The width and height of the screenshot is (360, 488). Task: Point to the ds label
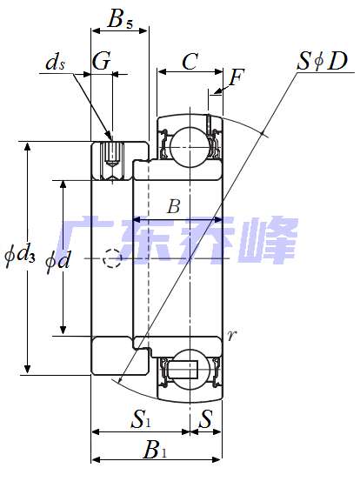(x=55, y=63)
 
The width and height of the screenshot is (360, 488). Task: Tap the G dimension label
(x=101, y=61)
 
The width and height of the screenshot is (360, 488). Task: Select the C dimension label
(x=190, y=61)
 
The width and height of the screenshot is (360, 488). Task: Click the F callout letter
(x=236, y=78)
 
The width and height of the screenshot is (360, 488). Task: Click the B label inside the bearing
(x=173, y=206)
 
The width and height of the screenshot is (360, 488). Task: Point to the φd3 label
(x=19, y=256)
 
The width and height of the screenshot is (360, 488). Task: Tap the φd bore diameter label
(x=57, y=257)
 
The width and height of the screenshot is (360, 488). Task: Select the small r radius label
(x=230, y=335)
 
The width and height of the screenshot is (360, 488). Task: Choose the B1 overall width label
(x=155, y=450)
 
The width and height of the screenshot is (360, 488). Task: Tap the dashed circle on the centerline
(x=111, y=258)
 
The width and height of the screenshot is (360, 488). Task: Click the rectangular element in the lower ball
(x=186, y=368)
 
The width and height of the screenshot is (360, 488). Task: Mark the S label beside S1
(x=206, y=419)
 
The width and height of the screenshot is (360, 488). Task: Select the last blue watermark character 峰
(x=269, y=241)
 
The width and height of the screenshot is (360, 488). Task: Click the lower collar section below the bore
(x=111, y=355)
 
